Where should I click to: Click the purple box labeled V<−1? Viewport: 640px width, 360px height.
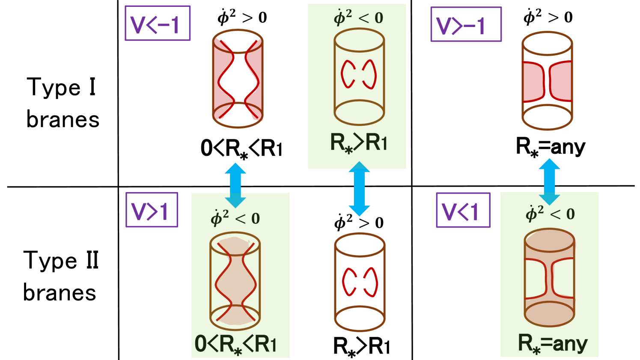157,23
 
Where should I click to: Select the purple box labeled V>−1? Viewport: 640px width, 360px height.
465,24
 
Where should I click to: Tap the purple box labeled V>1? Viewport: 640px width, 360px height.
152,210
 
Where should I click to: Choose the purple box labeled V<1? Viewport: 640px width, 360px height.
463,210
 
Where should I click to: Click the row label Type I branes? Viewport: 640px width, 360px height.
63,103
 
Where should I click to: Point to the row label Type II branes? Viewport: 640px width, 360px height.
60,276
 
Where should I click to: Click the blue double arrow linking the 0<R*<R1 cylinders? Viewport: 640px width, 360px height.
235,185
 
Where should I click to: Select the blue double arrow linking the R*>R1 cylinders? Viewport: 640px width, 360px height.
359,188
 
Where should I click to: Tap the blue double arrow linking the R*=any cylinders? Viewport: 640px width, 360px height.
549,181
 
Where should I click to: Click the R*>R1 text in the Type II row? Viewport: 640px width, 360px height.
362,346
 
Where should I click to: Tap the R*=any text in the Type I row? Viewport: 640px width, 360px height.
551,147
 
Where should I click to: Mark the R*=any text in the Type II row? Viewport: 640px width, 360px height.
553,343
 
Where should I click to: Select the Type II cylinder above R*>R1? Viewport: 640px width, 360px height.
360,282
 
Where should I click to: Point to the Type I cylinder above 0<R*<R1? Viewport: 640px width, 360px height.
238,79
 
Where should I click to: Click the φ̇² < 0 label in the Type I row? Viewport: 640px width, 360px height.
358,18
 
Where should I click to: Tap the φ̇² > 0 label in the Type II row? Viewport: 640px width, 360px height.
359,223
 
